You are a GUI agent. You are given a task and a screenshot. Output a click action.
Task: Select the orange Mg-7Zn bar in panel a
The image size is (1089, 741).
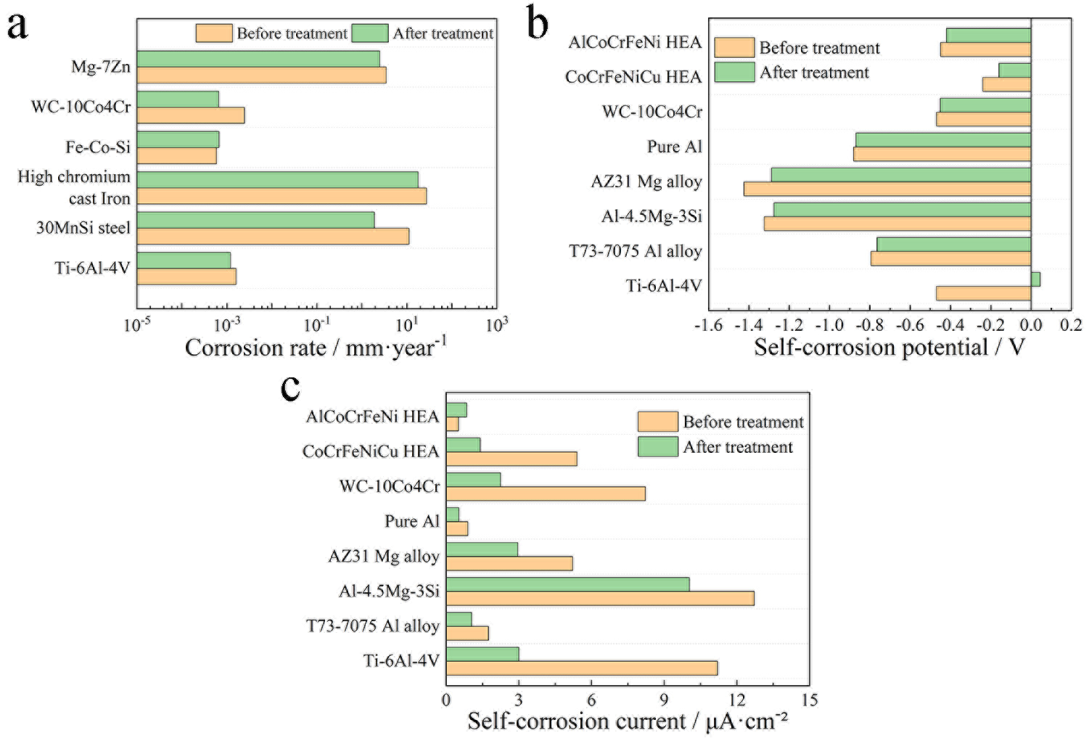coord(261,75)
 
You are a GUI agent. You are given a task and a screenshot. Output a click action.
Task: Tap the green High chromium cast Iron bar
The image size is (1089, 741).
coord(277,180)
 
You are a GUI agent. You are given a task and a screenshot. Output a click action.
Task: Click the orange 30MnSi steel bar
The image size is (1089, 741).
coord(273,236)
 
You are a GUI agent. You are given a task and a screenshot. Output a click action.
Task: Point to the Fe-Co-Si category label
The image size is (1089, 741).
coord(98,147)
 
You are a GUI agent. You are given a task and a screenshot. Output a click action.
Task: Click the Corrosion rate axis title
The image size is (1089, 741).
coord(316,348)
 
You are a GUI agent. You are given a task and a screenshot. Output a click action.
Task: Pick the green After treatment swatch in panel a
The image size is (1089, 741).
coord(370,33)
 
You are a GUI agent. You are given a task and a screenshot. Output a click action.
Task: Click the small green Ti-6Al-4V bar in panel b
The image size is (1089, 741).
coord(1035,279)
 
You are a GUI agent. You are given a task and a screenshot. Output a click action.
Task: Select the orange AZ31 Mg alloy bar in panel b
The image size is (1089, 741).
coord(887,189)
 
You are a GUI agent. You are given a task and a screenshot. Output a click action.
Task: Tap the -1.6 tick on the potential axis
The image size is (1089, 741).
coord(708,325)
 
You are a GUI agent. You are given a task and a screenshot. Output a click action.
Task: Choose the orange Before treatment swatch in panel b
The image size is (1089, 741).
coord(734,48)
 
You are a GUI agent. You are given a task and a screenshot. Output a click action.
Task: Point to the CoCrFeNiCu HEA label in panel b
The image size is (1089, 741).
coord(633,77)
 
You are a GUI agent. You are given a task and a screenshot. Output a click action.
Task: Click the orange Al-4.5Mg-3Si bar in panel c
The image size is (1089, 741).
coord(600,598)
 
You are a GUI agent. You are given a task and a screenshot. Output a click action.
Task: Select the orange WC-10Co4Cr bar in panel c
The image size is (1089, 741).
coord(546,494)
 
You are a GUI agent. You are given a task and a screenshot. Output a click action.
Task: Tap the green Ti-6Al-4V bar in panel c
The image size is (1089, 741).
coord(482,654)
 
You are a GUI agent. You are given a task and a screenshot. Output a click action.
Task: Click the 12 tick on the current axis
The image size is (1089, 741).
coord(736,700)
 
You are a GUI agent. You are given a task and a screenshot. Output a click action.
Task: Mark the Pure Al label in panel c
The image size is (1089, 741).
coord(411,521)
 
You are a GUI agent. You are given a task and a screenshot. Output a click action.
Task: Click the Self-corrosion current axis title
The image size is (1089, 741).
coord(627,721)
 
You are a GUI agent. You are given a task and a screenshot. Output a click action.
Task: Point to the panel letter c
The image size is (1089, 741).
coord(290,388)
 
